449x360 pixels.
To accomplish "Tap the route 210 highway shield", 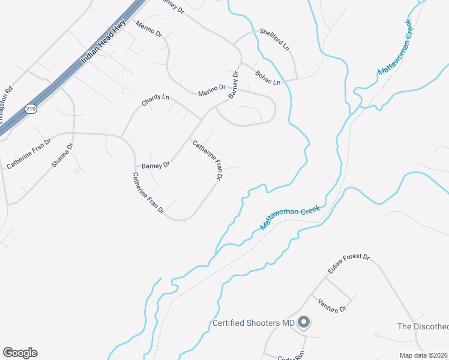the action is [30, 109].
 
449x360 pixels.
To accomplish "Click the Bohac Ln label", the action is [268, 77].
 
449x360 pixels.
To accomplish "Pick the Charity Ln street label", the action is [155, 100].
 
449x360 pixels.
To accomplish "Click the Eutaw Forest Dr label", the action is [349, 264].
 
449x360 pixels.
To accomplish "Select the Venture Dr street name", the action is [333, 305].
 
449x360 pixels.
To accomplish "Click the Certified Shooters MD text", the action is [254, 323].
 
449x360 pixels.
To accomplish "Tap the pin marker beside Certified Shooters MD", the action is [304, 323].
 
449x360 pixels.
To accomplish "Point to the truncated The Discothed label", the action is [423, 326].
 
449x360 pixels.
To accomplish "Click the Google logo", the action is [20, 353].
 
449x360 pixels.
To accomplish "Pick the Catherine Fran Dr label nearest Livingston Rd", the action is [29, 155].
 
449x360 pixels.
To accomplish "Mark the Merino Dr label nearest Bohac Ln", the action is [212, 90].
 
